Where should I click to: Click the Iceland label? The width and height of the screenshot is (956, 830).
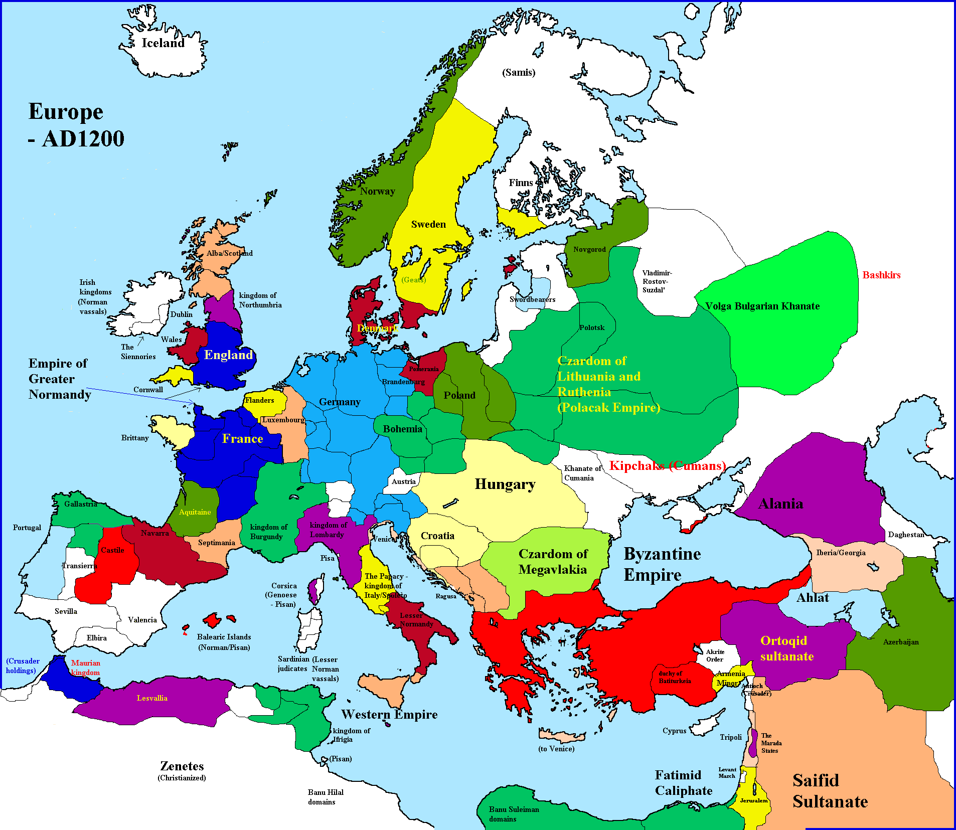pyautogui.click(x=163, y=43)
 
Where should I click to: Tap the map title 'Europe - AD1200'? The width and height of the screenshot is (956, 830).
pyautogui.click(x=75, y=125)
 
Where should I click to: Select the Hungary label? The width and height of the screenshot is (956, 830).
pyautogui.click(x=505, y=484)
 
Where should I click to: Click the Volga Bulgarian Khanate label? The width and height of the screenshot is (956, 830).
pyautogui.click(x=762, y=306)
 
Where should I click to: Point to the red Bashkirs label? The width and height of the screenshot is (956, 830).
pyautogui.click(x=881, y=275)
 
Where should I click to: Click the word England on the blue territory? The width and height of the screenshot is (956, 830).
pyautogui.click(x=228, y=355)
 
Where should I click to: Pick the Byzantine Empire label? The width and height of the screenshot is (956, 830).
pyautogui.click(x=662, y=564)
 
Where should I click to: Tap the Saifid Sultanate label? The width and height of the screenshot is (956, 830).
pyautogui.click(x=830, y=791)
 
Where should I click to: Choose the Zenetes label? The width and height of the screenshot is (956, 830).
pyautogui.click(x=182, y=766)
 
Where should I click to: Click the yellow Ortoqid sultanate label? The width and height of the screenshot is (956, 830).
pyautogui.click(x=786, y=648)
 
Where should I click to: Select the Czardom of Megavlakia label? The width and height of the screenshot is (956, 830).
pyautogui.click(x=552, y=562)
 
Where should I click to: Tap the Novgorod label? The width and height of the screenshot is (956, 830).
pyautogui.click(x=589, y=249)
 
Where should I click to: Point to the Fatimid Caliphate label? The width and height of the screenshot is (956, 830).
pyautogui.click(x=683, y=783)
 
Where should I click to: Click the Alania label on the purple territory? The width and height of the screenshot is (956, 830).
pyautogui.click(x=780, y=504)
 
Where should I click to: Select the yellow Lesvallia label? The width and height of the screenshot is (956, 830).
pyautogui.click(x=152, y=698)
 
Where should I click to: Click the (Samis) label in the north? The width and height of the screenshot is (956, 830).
pyautogui.click(x=519, y=72)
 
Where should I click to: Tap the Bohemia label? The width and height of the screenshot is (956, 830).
pyautogui.click(x=402, y=429)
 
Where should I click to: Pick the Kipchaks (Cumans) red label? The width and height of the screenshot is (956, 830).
pyautogui.click(x=667, y=465)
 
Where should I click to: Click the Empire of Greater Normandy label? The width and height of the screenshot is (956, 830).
pyautogui.click(x=59, y=379)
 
